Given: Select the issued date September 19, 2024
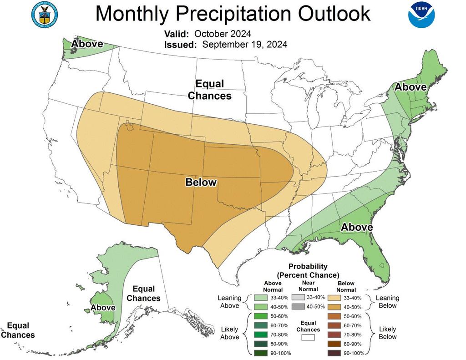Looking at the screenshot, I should coord(244,45).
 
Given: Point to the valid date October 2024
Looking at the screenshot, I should coord(223,34).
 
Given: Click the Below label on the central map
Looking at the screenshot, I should coord(201,183).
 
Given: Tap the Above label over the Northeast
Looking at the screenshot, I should coord(410,87).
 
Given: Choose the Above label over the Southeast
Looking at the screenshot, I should coord(357,227).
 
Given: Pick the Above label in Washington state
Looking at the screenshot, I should coord(87,44).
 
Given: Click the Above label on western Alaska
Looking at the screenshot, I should coord(103,308).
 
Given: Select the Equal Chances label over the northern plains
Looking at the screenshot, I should coord(210,90).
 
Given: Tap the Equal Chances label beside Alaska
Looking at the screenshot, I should coord(143,294).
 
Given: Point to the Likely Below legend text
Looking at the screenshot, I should coord(387,333).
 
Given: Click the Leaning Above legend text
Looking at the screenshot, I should coord(229,301).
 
